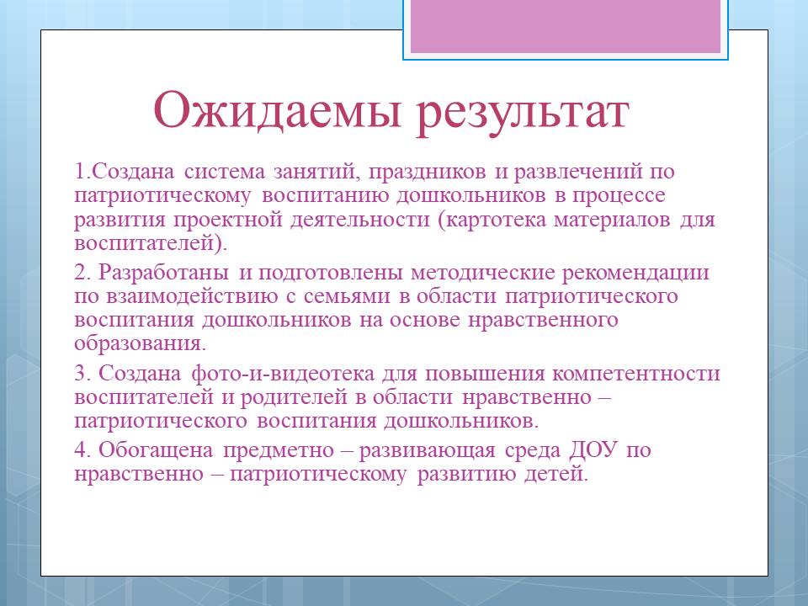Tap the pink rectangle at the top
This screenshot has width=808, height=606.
click(x=566, y=26)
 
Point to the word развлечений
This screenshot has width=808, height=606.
click(x=578, y=172)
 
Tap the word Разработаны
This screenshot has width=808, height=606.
click(x=163, y=273)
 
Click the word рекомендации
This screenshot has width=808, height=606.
click(x=635, y=273)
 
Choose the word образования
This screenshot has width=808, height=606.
click(x=140, y=344)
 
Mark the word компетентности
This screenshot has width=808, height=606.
click(x=636, y=374)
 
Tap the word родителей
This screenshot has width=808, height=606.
click(x=294, y=397)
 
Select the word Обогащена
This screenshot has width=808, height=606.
click(x=156, y=450)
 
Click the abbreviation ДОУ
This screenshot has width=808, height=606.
click(x=593, y=449)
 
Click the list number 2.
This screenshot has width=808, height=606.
click(x=82, y=273)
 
